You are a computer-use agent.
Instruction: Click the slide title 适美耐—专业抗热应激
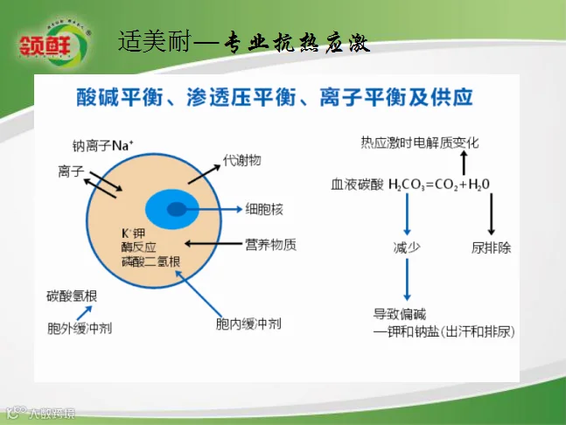pyautogui.click(x=243, y=42)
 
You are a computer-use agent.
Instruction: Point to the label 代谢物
pyautogui.click(x=241, y=161)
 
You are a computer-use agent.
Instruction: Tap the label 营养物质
pyautogui.click(x=270, y=244)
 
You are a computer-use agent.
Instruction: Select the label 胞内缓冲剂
pyautogui.click(x=248, y=324)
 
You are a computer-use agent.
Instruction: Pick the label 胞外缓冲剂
pyautogui.click(x=80, y=328)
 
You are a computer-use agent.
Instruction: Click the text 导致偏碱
pyautogui.click(x=400, y=314)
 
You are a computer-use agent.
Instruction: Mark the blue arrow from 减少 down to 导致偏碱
pyautogui.click(x=407, y=281)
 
